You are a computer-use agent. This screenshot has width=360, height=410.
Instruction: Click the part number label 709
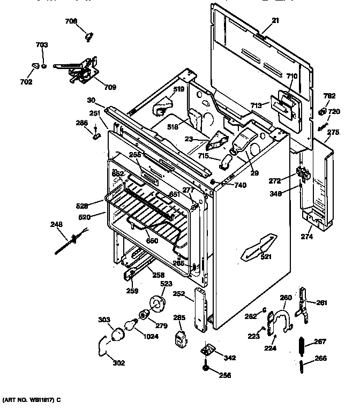pos(110,87)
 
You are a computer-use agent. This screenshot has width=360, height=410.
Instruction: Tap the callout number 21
pos(275,21)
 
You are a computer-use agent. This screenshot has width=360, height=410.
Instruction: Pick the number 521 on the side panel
pos(266,256)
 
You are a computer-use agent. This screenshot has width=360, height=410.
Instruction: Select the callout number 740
pos(240,185)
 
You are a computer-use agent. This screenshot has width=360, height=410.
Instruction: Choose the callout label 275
pos(333,132)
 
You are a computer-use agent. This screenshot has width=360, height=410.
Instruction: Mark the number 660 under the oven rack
pos(152,241)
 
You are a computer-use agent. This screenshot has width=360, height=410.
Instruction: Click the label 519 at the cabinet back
pos(178,89)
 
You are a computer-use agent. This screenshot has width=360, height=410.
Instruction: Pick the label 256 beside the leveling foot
pos(225,375)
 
